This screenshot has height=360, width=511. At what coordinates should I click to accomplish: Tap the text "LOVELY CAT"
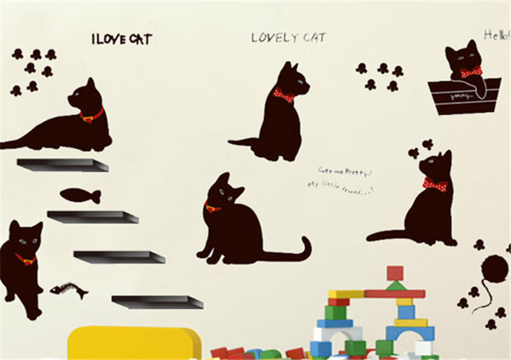[288, 37]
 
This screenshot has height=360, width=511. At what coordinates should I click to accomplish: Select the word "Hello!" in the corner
[496, 35]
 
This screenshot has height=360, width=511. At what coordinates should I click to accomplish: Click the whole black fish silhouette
[81, 196]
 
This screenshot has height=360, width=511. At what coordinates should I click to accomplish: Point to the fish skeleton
[68, 292]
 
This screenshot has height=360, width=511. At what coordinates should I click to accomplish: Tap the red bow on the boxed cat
[471, 72]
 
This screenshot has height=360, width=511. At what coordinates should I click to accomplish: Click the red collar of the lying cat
[91, 115]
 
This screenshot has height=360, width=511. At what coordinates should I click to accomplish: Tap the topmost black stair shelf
[62, 164]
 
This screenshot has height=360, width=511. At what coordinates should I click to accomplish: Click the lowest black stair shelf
[158, 301]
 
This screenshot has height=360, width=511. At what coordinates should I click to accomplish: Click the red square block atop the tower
[394, 273]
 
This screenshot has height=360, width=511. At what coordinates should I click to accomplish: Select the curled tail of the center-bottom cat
[294, 252]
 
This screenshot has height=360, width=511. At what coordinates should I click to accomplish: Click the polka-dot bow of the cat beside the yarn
[434, 185]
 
